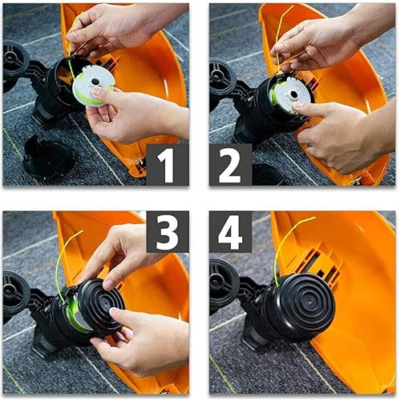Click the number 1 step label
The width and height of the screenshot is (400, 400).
(x=167, y=166)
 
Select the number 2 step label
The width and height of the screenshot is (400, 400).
(x=231, y=166)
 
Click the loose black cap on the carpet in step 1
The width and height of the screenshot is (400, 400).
(x=48, y=157)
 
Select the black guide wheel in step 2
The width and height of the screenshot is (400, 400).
(x=221, y=76)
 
